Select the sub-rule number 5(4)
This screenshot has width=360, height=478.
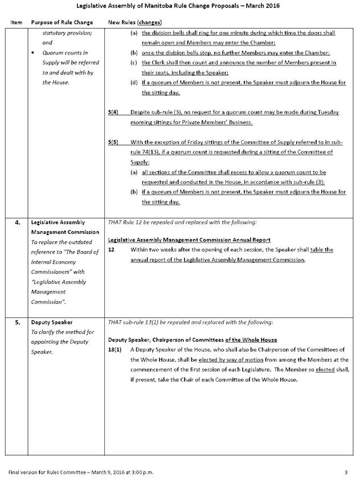pyautogui.click(x=113, y=113)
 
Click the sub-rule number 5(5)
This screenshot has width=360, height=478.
pyautogui.click(x=113, y=142)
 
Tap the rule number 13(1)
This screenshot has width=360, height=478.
pyautogui.click(x=114, y=350)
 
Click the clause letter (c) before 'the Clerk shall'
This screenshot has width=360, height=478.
pyautogui.click(x=134, y=63)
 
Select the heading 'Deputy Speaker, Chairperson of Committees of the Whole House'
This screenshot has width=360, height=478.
pyautogui.click(x=193, y=340)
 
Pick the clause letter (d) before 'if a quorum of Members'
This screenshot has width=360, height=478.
pyautogui.click(x=134, y=83)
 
